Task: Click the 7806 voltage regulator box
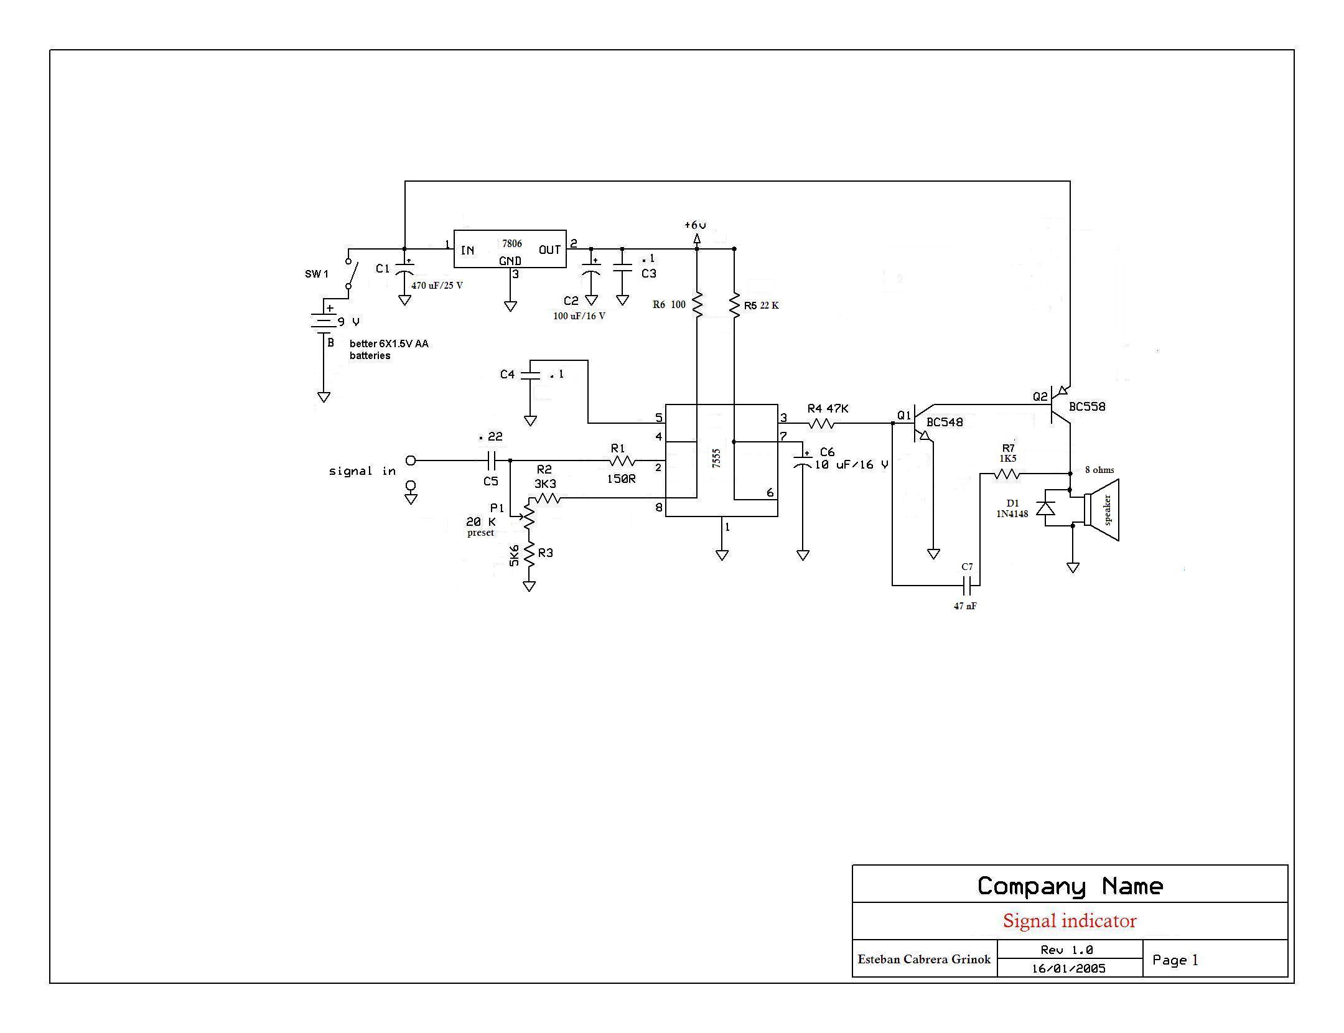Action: [x=510, y=249]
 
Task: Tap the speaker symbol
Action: [x=1101, y=510]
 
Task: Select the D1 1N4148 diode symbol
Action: [x=1045, y=508]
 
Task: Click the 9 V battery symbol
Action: [x=324, y=322]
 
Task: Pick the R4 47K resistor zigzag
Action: [x=821, y=423]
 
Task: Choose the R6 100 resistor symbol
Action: [x=697, y=305]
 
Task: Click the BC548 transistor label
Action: [x=945, y=422]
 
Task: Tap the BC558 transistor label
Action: [x=1088, y=406]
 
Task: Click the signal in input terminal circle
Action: [x=411, y=460]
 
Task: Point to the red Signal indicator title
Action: [x=1070, y=921]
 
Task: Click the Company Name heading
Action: [x=1070, y=886]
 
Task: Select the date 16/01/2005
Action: [x=1069, y=968]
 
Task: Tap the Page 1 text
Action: [x=1175, y=960]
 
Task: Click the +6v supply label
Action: [x=695, y=225]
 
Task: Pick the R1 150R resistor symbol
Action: [x=622, y=460]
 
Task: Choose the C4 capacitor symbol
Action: [x=530, y=375]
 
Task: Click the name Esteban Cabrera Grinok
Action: [x=924, y=959]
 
